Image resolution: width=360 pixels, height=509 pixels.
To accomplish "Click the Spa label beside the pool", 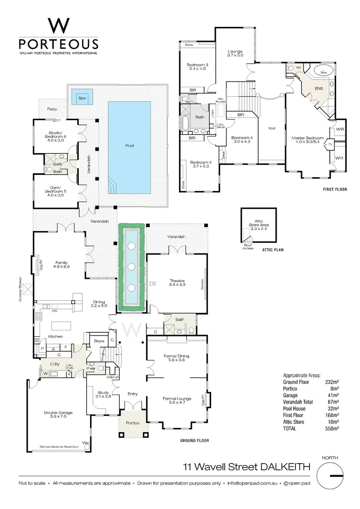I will pyautogui.click(x=82, y=98).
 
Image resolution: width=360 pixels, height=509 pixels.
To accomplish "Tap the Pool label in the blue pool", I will pyautogui.click(x=130, y=146).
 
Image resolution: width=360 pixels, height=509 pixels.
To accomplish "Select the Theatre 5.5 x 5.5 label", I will pyautogui.click(x=177, y=283).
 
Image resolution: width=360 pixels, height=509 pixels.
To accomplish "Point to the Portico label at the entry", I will pyautogui.click(x=133, y=423).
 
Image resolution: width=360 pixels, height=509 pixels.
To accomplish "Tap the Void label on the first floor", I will pyautogui.click(x=271, y=128).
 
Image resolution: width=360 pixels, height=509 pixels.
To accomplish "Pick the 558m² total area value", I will pyautogui.click(x=332, y=429).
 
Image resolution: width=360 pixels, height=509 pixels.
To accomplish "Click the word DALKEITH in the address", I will pyautogui.click(x=285, y=467).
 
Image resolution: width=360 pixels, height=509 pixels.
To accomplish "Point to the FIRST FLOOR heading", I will pyautogui.click(x=335, y=189).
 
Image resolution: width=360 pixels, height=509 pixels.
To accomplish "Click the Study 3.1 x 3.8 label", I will pyautogui.click(x=103, y=394).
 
